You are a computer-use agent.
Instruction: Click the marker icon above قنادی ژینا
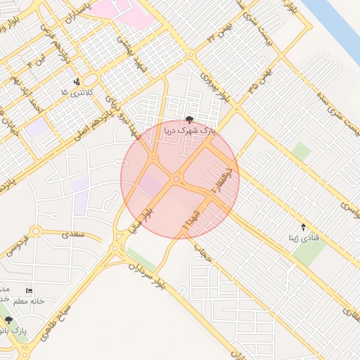[303, 226]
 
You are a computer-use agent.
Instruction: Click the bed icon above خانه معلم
[29, 290]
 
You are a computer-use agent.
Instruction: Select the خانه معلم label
[28, 301]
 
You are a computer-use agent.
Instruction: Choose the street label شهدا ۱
[190, 219]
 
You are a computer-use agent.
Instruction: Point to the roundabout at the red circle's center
[176, 181]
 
